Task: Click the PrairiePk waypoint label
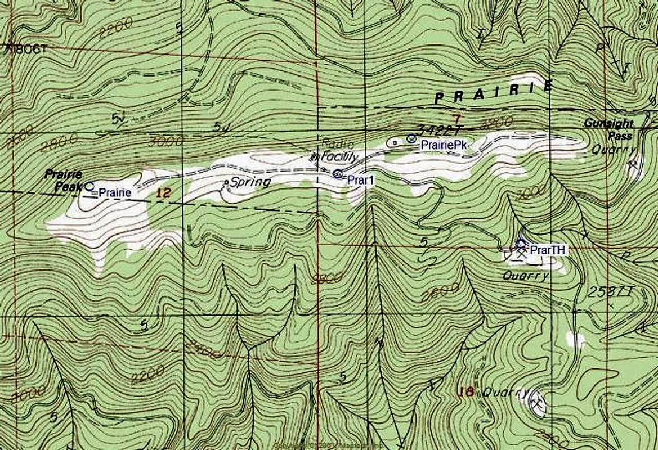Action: click(x=445, y=145)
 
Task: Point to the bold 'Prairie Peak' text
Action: click(x=64, y=179)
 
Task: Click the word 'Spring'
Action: click(x=250, y=182)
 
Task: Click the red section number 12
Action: click(x=164, y=193)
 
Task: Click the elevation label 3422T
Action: click(x=438, y=129)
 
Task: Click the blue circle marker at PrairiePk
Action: click(x=411, y=138)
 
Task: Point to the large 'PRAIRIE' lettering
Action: click(x=493, y=91)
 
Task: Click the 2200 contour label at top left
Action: click(x=115, y=26)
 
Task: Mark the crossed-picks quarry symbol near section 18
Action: click(x=536, y=402)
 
